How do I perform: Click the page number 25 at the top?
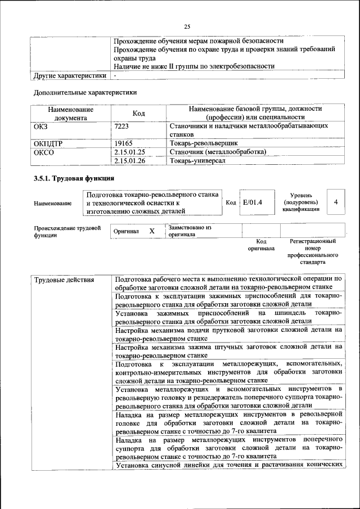[x=187, y=25]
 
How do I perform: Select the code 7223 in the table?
[x=121, y=127]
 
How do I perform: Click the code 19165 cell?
[x=123, y=143]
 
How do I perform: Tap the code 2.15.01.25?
[x=129, y=152]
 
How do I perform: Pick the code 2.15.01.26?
[x=129, y=161]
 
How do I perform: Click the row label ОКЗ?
[x=42, y=127]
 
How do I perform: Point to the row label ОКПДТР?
[x=48, y=143]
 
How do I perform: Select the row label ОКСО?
[x=44, y=152]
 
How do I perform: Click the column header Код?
[x=138, y=113]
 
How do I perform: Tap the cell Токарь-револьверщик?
[x=201, y=143]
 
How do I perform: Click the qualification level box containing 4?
[x=335, y=202]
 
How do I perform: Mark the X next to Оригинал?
[x=152, y=231]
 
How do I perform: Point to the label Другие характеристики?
[x=70, y=75]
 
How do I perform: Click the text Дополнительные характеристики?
[x=85, y=92]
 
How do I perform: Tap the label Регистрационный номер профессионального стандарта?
[x=313, y=251]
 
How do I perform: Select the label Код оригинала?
[x=261, y=245]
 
